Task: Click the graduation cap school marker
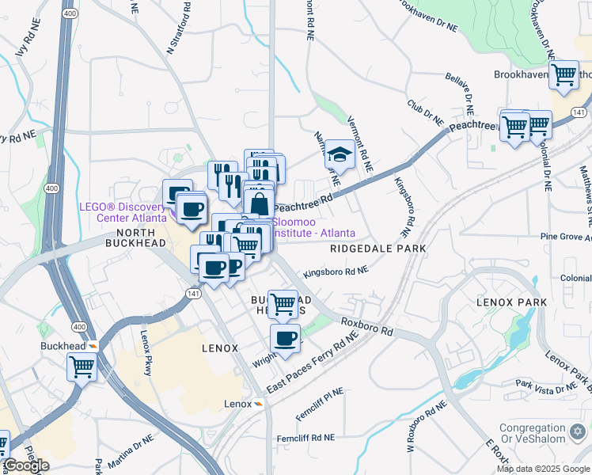click(x=340, y=154)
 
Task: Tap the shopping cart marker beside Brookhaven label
click(x=564, y=75)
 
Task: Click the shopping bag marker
click(x=259, y=203)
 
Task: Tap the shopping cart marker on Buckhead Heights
click(x=283, y=303)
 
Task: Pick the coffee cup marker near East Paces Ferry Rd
click(x=285, y=339)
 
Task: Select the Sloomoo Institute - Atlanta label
click(x=313, y=227)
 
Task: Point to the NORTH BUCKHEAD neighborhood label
click(x=129, y=238)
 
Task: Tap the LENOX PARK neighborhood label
click(x=507, y=303)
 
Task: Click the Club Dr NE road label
click(x=426, y=112)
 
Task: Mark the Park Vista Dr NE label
click(x=547, y=386)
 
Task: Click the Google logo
click(x=26, y=465)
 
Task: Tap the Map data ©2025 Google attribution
click(x=542, y=469)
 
